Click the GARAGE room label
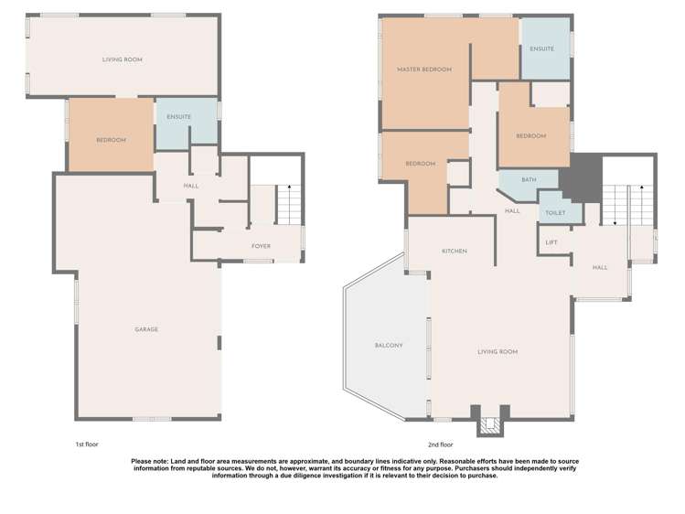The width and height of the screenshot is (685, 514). [x=146, y=329]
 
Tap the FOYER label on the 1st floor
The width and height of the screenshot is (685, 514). [x=262, y=246]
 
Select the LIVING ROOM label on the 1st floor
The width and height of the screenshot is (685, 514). [x=122, y=59]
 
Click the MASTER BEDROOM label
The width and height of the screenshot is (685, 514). [x=424, y=70]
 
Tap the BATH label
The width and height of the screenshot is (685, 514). [x=529, y=179]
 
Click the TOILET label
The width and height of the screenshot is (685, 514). [x=555, y=213]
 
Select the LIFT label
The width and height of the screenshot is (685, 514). [x=551, y=242]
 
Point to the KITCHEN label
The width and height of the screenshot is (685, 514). [x=455, y=251]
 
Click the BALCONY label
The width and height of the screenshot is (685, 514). [x=389, y=345]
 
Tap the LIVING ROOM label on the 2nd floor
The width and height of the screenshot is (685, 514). [x=498, y=351]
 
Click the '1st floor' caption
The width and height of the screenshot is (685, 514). [x=87, y=444]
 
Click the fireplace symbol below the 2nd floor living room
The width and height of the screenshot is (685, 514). [x=490, y=425]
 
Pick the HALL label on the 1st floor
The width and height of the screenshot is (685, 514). [x=191, y=186]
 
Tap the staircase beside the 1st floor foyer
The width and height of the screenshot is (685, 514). [x=289, y=203]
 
